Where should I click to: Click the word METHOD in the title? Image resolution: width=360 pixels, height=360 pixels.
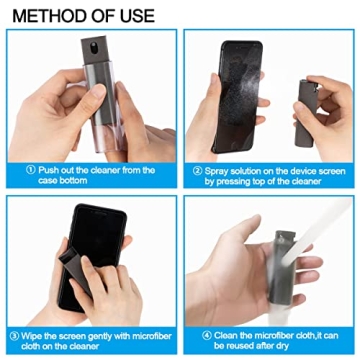pyautogui.click(x=51, y=15)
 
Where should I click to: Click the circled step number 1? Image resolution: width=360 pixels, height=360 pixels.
pyautogui.click(x=17, y=170)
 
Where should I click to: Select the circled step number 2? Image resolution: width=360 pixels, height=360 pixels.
pyautogui.click(x=196, y=170)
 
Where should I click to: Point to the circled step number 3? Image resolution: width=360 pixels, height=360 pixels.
pyautogui.click(x=17, y=335)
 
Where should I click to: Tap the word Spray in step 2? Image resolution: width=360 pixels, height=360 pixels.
pyautogui.click(x=219, y=170)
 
